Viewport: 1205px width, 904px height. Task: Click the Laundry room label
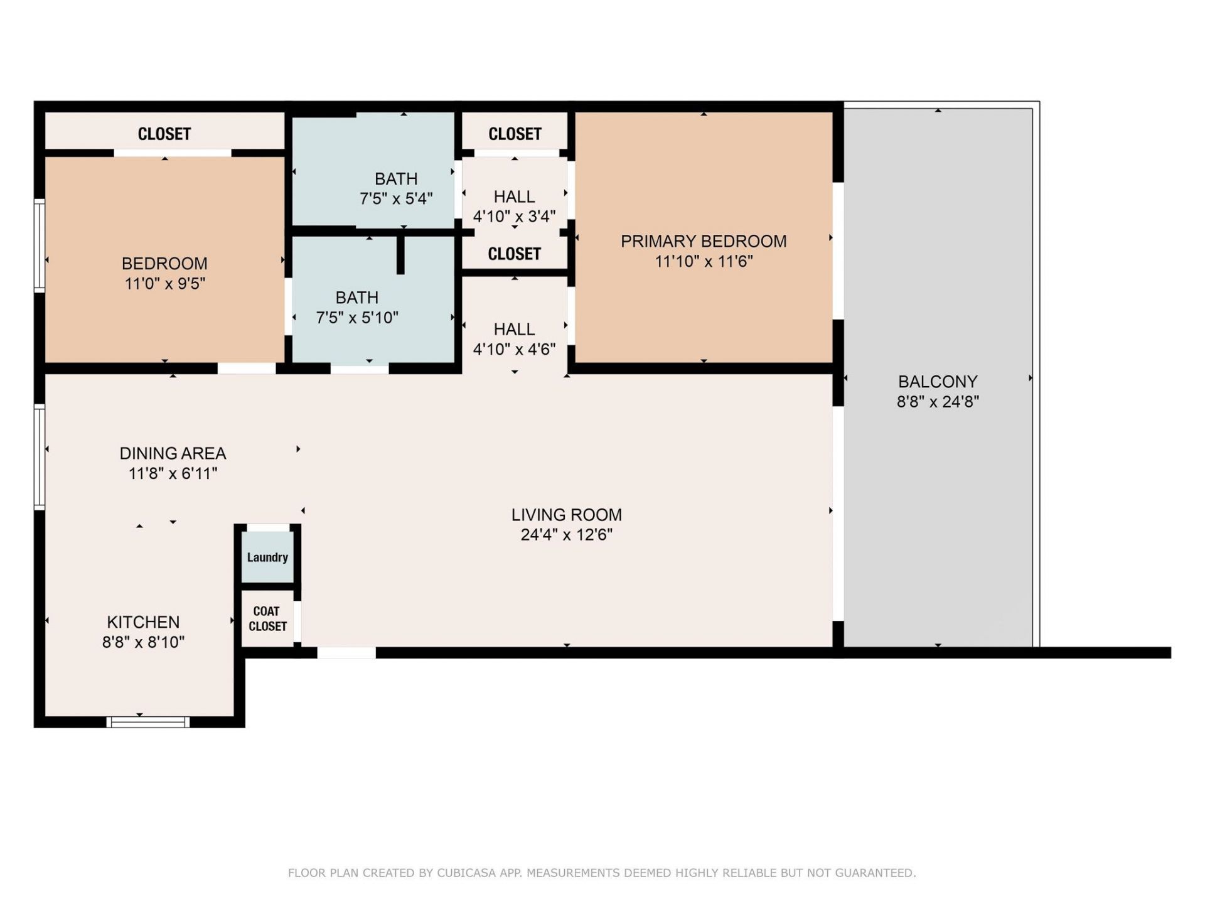tap(267, 557)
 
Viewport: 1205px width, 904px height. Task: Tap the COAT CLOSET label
tap(267, 618)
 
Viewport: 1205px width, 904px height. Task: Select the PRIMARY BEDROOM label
tap(704, 241)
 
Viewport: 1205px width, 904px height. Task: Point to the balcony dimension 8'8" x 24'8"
tap(938, 402)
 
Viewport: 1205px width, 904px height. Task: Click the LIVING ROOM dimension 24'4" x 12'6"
tap(567, 535)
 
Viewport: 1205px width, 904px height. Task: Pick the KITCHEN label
tap(143, 622)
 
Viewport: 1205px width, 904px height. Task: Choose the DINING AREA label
tap(173, 453)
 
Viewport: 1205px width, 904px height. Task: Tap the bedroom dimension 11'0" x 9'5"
tap(165, 284)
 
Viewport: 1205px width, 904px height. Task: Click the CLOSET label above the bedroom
tap(164, 134)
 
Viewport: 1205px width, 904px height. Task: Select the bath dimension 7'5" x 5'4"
tap(396, 199)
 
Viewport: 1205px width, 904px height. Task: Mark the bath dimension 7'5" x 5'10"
tap(357, 318)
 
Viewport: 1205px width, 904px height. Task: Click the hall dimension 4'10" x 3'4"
tap(514, 217)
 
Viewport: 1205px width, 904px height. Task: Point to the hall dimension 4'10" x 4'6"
tap(514, 350)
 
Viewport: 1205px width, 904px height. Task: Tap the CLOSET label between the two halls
tap(514, 254)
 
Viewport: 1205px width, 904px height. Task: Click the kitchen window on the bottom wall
tap(148, 722)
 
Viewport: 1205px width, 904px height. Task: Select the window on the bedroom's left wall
tap(39, 245)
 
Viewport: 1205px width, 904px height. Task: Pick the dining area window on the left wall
tap(39, 457)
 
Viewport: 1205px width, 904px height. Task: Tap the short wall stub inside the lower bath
tap(400, 254)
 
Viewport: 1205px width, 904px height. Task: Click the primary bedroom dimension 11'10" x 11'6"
tap(704, 261)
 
